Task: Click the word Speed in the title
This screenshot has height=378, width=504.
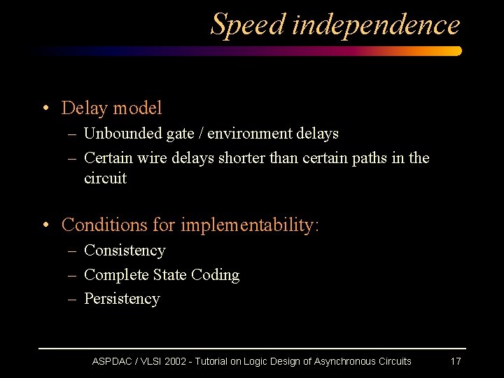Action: click(248, 24)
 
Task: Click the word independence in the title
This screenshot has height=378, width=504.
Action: click(376, 24)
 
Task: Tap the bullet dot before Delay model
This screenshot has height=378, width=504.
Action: click(45, 108)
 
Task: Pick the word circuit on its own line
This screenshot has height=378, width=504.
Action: click(105, 178)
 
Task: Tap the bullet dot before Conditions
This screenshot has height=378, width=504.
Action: click(45, 225)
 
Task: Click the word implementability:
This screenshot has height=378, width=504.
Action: click(250, 225)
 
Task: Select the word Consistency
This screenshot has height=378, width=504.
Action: click(125, 251)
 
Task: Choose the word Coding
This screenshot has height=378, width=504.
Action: click(215, 275)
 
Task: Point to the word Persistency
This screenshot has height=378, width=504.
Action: click(122, 299)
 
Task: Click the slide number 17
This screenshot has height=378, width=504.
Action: click(455, 361)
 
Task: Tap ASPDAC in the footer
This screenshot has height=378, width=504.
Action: click(112, 361)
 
